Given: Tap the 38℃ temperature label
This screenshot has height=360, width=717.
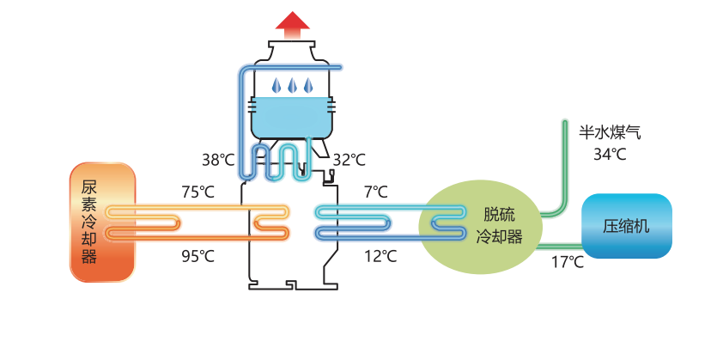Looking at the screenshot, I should [x=218, y=159].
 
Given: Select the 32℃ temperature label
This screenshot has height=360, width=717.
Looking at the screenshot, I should [x=349, y=159].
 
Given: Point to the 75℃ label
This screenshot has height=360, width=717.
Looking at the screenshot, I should [x=197, y=191].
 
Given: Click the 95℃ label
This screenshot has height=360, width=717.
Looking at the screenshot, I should [x=197, y=255].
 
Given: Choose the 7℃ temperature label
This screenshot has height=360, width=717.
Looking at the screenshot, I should [x=375, y=191].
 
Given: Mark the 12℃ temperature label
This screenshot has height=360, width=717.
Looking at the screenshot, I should [x=380, y=255].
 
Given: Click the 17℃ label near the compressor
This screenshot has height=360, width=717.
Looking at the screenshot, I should [x=567, y=262].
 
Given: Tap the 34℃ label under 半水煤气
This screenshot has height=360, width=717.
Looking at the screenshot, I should [x=610, y=155].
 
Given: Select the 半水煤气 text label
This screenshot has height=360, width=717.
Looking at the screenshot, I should [x=610, y=132].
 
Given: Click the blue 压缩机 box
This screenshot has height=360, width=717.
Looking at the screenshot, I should [x=627, y=227].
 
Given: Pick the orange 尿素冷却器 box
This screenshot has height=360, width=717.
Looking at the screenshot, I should [x=102, y=222].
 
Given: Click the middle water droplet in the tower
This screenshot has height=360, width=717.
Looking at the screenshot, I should [x=292, y=86].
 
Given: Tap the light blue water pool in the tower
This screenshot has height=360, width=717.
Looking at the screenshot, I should [x=291, y=115].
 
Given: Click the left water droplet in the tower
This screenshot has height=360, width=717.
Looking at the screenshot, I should [x=276, y=86].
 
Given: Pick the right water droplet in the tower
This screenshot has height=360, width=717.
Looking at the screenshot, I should [x=307, y=86].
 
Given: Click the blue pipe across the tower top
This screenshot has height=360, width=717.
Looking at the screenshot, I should [x=292, y=67].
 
